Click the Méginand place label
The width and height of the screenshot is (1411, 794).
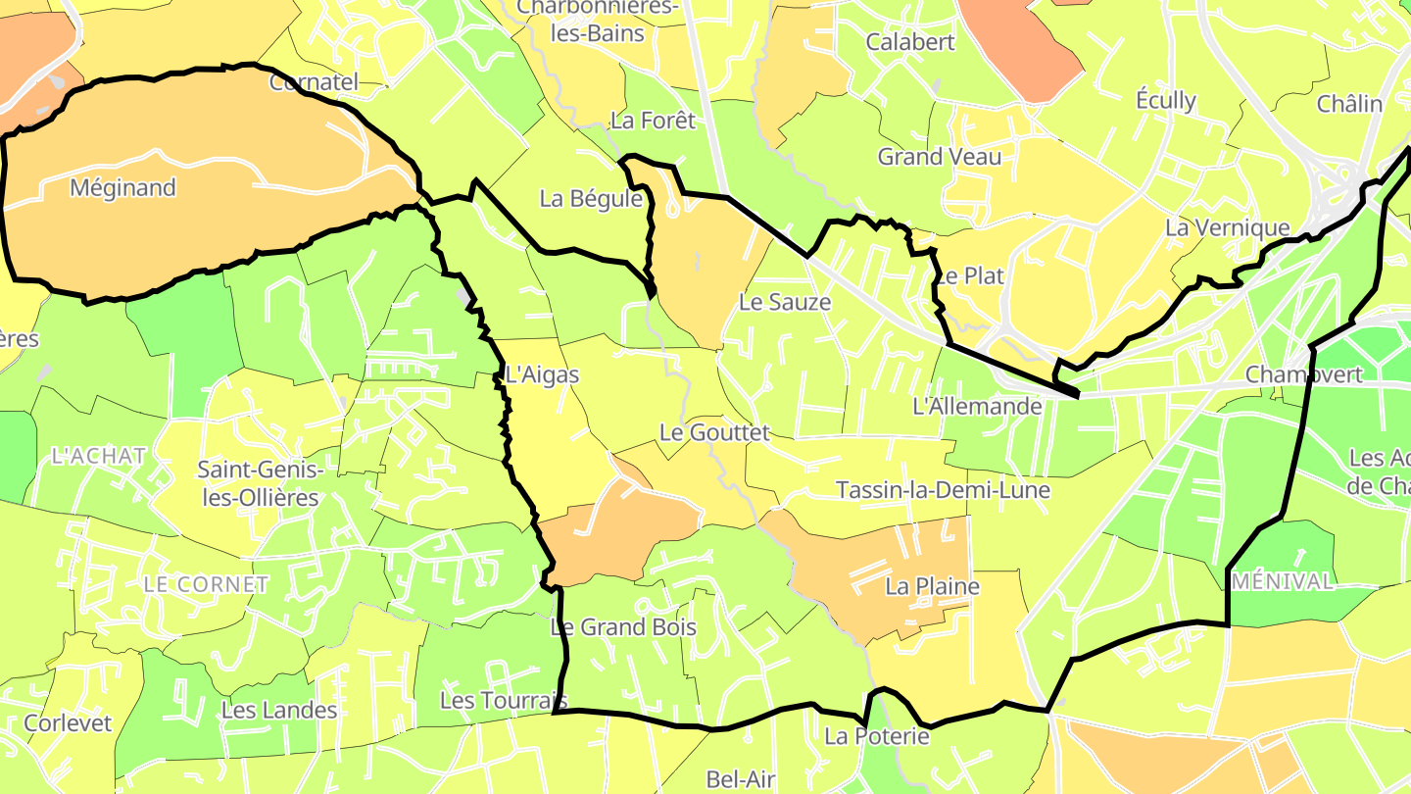pos(122,187)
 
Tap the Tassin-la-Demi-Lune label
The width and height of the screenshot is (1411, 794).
pos(943,489)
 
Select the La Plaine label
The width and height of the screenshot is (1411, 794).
pos(932,586)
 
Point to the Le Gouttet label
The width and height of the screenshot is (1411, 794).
pos(714,431)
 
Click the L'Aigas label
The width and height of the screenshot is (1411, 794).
pos(542,374)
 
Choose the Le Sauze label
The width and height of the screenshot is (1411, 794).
pos(785,302)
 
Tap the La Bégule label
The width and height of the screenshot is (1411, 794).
pos(591,199)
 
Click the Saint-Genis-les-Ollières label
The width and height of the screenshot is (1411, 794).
pos(258,483)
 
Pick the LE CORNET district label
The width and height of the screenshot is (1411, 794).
pos(206,584)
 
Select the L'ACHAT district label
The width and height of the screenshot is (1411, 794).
pos(98,456)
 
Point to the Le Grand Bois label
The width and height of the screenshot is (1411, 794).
pos(623,626)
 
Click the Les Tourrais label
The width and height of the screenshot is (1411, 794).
pos(503,700)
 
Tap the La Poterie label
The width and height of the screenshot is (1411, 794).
pos(876,735)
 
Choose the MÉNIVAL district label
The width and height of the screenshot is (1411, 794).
pos(1284,581)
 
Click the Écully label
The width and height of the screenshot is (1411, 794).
pos(1166,100)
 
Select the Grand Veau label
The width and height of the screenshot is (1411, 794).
pos(940,157)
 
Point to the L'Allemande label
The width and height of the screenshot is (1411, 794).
pos(977,406)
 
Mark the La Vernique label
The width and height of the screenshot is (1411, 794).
pos(1227,227)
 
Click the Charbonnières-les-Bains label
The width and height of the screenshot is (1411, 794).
pos(597,20)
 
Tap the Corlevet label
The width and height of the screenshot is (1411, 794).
pos(69,723)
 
